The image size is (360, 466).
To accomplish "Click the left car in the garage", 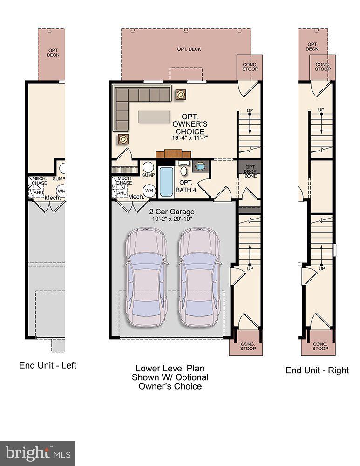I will click(x=145, y=277).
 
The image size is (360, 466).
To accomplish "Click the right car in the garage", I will click(x=199, y=277).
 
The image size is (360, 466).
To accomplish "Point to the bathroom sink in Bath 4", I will click(x=201, y=166).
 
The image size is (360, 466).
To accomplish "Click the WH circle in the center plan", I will click(x=149, y=190).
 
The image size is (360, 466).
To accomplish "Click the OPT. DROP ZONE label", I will click(x=250, y=171).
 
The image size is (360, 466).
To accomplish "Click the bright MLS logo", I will click(x=38, y=453).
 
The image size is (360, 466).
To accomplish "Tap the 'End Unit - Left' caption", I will click(x=48, y=365).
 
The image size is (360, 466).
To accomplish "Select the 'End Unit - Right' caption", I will click(x=317, y=370).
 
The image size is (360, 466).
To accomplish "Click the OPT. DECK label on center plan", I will click(x=189, y=49).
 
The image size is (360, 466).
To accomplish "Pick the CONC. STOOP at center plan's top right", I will click(x=249, y=66).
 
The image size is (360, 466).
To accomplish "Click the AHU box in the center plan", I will click(x=122, y=193).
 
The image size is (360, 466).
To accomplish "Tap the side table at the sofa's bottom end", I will click(x=123, y=138).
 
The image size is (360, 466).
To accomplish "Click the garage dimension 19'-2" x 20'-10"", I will click(x=171, y=219).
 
